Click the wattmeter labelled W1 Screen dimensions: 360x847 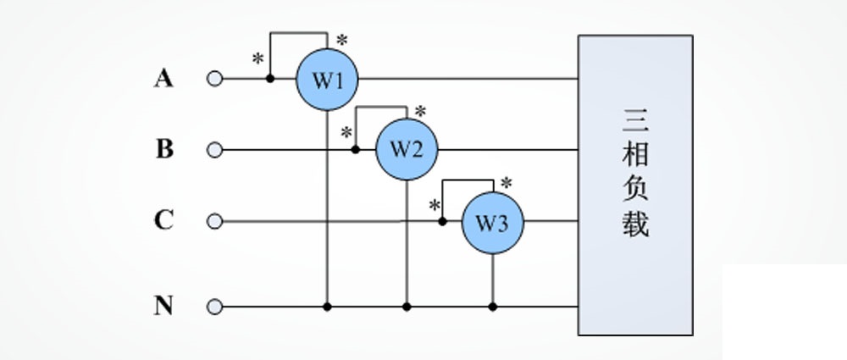pyautogui.click(x=327, y=80)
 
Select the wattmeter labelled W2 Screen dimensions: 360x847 pyautogui.click(x=407, y=150)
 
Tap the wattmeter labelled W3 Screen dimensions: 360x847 pyautogui.click(x=492, y=222)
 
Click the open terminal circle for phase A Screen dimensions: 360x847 pyautogui.click(x=214, y=80)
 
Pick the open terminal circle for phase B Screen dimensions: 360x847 pyautogui.click(x=214, y=150)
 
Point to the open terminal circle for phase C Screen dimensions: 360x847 pyautogui.click(x=214, y=222)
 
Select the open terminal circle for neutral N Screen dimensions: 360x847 pyautogui.click(x=214, y=306)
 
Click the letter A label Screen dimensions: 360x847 pyautogui.click(x=163, y=79)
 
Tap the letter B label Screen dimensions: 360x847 pyautogui.click(x=164, y=149)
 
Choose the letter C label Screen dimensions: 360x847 pyautogui.click(x=163, y=221)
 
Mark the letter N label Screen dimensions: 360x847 pyautogui.click(x=163, y=305)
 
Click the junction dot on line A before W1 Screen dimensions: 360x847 pyautogui.click(x=270, y=79)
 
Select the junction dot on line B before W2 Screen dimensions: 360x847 pyautogui.click(x=356, y=150)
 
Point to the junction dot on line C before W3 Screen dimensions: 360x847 pyautogui.click(x=442, y=222)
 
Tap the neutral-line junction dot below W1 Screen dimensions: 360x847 pyautogui.click(x=327, y=306)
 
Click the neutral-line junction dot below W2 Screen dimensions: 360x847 pyautogui.click(x=407, y=306)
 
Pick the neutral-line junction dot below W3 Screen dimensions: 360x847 pyautogui.click(x=492, y=306)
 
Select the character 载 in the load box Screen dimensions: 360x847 pyautogui.click(x=636, y=224)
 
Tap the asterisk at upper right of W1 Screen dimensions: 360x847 pyautogui.click(x=342, y=40)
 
